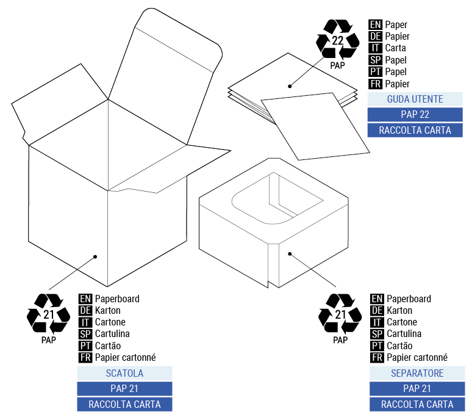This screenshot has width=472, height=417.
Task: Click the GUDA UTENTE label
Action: pyautogui.click(x=415, y=99)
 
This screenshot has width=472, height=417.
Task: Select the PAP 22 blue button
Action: pyautogui.click(x=415, y=114)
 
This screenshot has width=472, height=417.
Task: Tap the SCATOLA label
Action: pyautogui.click(x=124, y=373)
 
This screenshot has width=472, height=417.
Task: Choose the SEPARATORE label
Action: pyautogui.click(x=417, y=373)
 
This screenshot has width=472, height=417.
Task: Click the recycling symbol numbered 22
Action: pyautogui.click(x=337, y=40)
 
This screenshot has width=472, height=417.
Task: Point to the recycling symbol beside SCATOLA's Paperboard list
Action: pyautogui.click(x=49, y=315)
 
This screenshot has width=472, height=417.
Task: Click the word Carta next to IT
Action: pyautogui.click(x=395, y=48)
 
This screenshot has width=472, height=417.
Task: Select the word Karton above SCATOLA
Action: pyautogui.click(x=107, y=310)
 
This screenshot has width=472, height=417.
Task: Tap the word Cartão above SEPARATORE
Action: pyautogui.click(x=400, y=346)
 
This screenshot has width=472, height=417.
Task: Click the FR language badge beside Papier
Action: pyautogui.click(x=376, y=84)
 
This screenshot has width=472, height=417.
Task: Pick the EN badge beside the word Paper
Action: pyautogui.click(x=376, y=24)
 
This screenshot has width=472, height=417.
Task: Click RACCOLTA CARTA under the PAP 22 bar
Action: pyautogui.click(x=415, y=130)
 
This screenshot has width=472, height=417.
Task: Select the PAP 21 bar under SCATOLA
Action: pyautogui.click(x=124, y=388)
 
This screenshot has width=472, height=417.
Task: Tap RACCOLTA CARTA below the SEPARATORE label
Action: pyautogui.click(x=417, y=404)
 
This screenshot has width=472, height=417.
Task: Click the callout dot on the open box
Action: pyautogui.click(x=95, y=257)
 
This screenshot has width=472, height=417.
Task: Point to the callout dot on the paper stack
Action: pyautogui.click(x=290, y=86)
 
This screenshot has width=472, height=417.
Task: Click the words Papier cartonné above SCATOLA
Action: pyautogui.click(x=125, y=358)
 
